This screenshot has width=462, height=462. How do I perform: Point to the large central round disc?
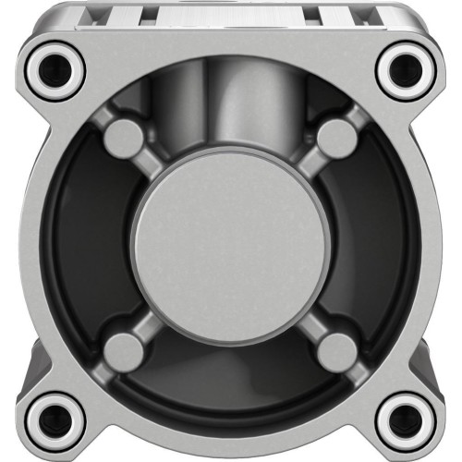click(x=229, y=243)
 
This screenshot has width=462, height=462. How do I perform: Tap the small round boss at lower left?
click(x=123, y=350)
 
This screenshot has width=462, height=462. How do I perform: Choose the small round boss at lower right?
click(x=336, y=350)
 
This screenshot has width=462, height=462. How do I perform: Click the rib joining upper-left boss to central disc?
click(x=152, y=166)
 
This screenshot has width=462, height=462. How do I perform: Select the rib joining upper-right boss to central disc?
click(x=307, y=166)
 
